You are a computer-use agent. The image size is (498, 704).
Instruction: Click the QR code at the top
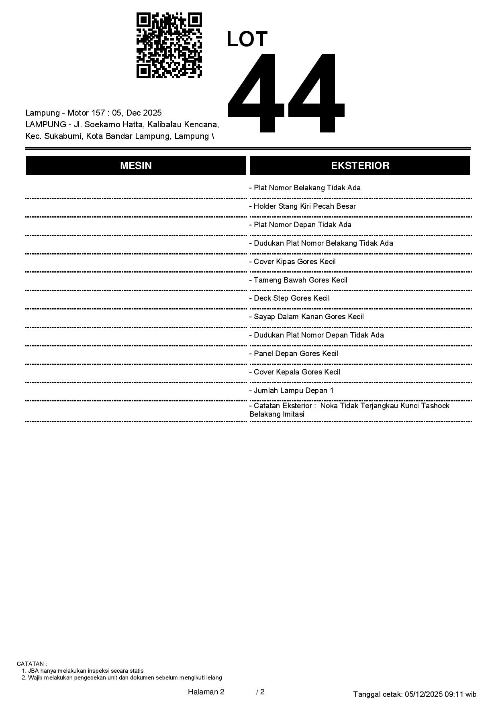[169, 45]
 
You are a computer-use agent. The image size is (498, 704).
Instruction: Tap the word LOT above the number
[247, 39]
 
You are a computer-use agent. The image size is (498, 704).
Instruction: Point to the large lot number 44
[286, 93]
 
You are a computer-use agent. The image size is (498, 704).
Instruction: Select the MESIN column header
[136, 166]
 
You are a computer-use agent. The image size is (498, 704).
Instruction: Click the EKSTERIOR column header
[360, 166]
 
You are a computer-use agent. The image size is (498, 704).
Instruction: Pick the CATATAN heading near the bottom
[32, 664]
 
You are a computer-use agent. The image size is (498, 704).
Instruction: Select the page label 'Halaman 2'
[206, 692]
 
